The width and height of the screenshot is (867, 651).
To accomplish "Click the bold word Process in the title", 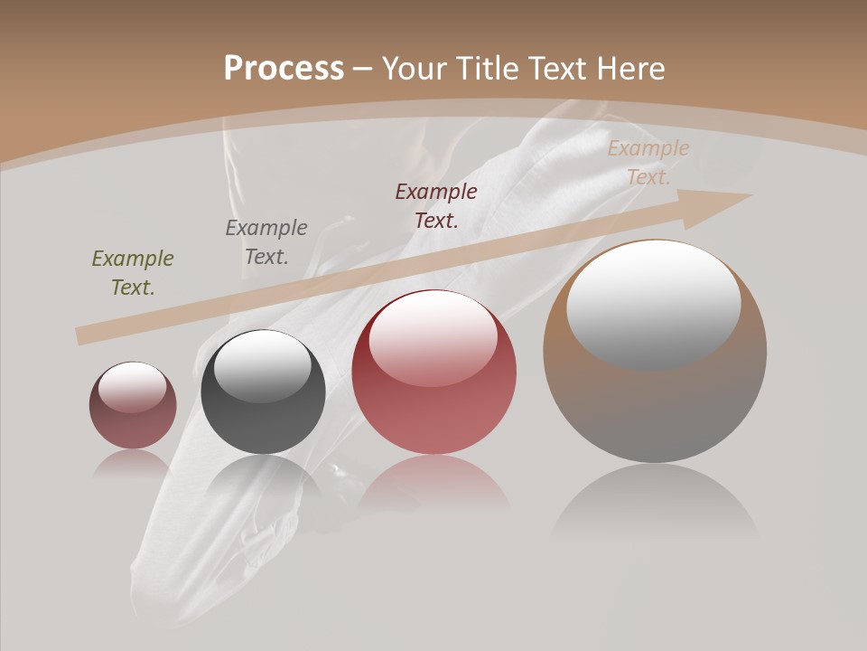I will pos(284,69).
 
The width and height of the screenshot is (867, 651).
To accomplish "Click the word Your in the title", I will pos(415,69).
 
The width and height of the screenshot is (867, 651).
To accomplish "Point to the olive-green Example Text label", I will pos(133,272).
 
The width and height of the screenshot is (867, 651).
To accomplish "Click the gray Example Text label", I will pos(266,241).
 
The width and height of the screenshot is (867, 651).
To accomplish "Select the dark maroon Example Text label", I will pos(436,205).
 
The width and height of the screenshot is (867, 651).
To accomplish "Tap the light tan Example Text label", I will pos(648,163).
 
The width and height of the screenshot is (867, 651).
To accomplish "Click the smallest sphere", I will pos(133,420).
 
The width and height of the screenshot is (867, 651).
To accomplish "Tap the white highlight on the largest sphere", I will pos(653,303).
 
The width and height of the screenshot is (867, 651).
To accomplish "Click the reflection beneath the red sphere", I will pos(434,484).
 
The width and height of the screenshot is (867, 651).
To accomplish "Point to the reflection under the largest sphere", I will pos(655,502).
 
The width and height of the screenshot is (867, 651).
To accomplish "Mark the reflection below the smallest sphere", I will pos(133,463).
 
